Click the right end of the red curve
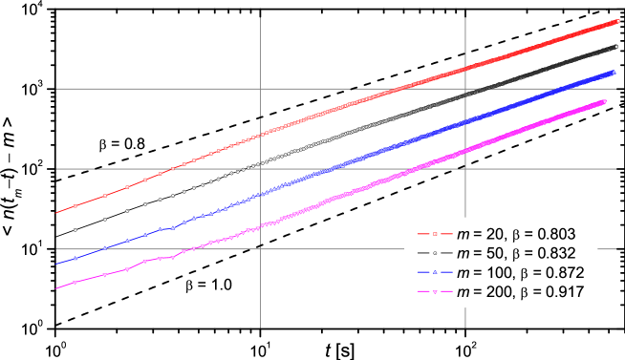coord(619,20)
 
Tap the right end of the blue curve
coord(612,72)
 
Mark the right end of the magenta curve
coord(604,100)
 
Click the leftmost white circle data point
coord(75,229)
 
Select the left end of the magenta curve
coord(57,286)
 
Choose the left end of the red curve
coord(57,212)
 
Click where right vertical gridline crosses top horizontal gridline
coord(465,89)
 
